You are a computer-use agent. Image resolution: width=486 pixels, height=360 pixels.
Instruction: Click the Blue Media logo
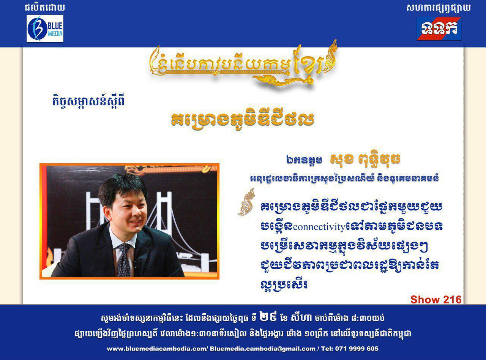(x=45, y=28)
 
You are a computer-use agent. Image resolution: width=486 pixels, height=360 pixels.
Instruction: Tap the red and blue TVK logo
(x=439, y=28)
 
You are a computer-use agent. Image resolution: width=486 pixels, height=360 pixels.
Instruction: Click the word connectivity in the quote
(x=319, y=227)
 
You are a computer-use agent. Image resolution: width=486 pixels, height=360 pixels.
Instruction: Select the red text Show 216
(x=436, y=300)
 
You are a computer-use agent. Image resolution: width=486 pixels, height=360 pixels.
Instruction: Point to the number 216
(x=451, y=300)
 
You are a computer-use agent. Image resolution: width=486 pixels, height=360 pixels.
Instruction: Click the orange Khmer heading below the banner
(x=242, y=119)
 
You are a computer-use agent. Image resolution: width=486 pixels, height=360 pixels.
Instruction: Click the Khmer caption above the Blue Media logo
(x=45, y=8)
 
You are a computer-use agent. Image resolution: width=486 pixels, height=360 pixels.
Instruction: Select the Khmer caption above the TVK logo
(x=439, y=8)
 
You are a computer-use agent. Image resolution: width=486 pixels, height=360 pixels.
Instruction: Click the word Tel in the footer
(x=330, y=349)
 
